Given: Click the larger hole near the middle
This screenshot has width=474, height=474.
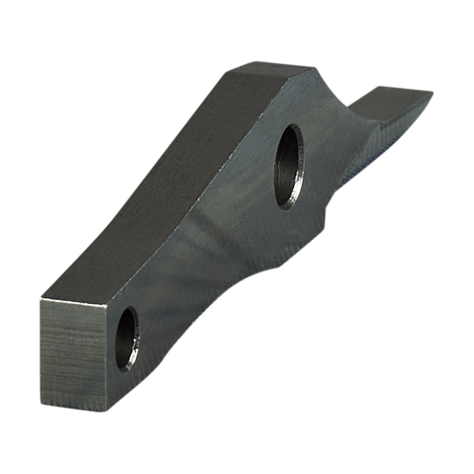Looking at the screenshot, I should [x=289, y=166].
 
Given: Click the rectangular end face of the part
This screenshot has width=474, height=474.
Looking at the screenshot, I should [x=74, y=354].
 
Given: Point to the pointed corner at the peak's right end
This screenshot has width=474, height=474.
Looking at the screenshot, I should [x=317, y=69].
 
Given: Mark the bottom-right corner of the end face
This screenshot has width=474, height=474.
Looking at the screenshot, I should [x=108, y=410].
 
